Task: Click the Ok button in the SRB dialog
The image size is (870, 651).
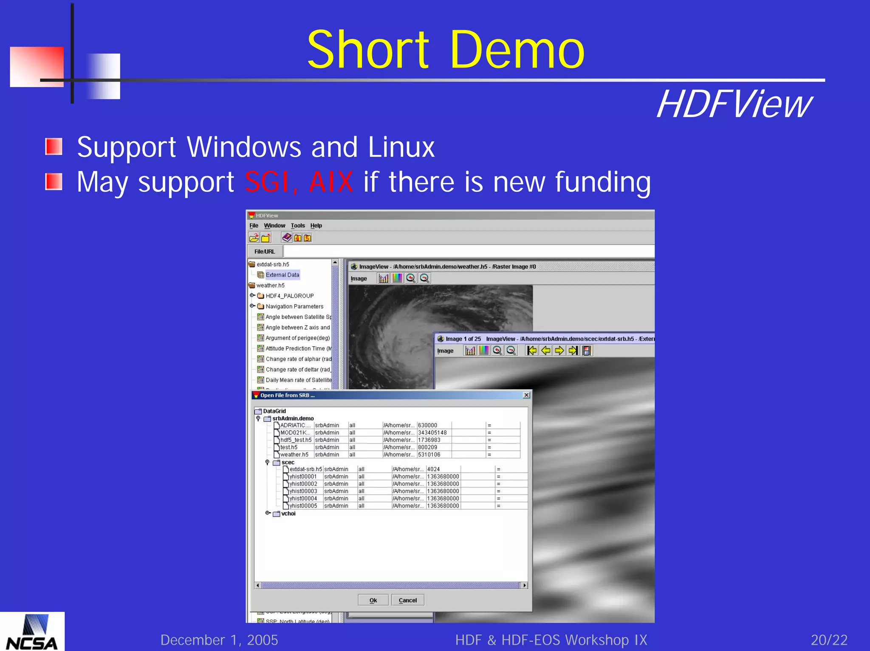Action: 373,600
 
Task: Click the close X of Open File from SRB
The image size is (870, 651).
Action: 526,395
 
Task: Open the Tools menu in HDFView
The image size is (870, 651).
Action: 298,226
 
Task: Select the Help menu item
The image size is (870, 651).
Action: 316,226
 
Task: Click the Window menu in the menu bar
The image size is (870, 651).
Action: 274,226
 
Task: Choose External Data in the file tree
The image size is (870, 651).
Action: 282,275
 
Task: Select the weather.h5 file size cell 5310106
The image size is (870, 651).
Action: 429,455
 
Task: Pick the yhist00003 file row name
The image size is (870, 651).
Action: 303,491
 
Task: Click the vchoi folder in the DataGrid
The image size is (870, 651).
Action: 288,514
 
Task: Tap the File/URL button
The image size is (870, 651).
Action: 265,252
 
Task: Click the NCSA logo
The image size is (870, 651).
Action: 32,632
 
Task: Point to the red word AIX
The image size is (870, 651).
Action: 331,182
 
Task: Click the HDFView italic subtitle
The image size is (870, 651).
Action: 734,104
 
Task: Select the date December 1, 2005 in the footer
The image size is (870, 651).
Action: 219,640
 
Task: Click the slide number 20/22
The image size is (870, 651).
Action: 829,640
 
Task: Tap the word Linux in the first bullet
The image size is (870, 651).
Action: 401,147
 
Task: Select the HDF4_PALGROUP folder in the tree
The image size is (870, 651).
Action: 289,296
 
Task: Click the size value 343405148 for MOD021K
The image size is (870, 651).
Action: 432,432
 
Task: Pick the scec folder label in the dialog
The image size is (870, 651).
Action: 288,463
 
